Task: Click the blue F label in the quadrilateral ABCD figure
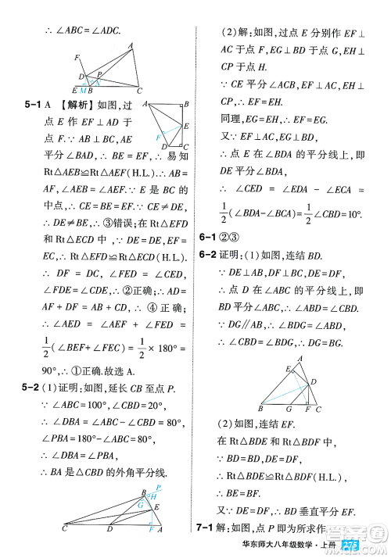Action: tap(158, 137)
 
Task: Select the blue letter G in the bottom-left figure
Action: tap(142, 506)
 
